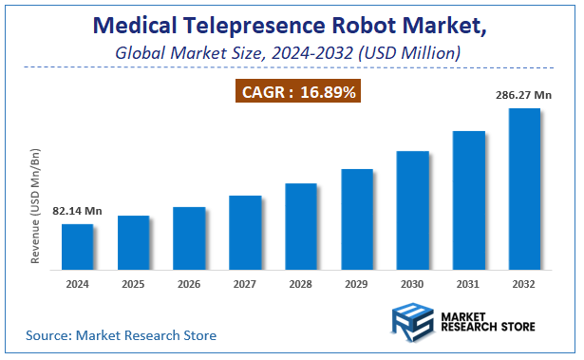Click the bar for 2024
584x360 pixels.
[x=78, y=247]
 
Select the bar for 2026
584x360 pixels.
[x=189, y=238]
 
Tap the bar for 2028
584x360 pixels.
[x=301, y=226]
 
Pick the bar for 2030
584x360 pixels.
[x=413, y=210]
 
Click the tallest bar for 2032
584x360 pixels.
[x=524, y=189]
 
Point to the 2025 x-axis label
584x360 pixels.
[x=133, y=284]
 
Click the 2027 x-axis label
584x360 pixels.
[x=245, y=284]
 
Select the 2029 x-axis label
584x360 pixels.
[x=357, y=284]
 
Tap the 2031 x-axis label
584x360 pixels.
[x=468, y=284]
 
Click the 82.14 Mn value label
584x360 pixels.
[x=77, y=210]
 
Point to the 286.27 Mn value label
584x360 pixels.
[x=524, y=95]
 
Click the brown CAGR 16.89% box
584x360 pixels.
[x=298, y=92]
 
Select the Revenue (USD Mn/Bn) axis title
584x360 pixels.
[x=35, y=205]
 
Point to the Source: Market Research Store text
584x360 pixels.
[x=121, y=335]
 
